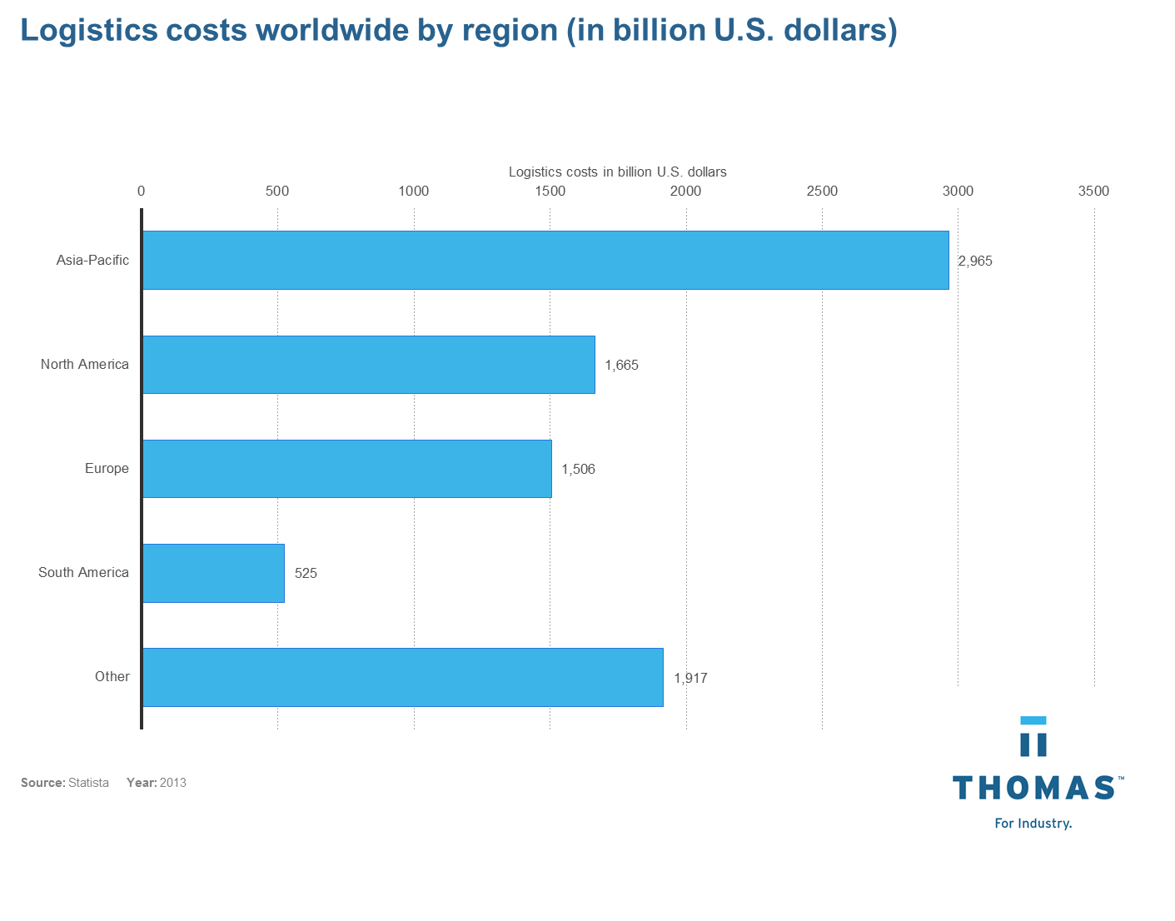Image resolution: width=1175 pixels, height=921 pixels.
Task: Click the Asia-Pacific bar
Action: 545,260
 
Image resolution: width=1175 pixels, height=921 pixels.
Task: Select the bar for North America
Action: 369,365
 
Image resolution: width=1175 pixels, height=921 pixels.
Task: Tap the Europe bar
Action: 347,469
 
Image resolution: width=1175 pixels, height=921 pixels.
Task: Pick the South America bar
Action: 213,573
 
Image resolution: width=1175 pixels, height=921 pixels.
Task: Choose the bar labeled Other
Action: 403,677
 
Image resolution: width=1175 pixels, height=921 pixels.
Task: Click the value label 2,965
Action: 975,261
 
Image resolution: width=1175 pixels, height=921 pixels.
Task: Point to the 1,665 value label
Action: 622,365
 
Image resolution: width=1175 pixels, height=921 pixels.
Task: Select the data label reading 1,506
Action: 579,469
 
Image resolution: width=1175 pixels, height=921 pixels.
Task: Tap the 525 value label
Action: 306,573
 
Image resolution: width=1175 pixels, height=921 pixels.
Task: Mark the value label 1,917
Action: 690,678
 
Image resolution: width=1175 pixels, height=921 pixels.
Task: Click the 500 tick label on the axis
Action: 277,192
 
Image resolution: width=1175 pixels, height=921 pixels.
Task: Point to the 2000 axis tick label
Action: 686,192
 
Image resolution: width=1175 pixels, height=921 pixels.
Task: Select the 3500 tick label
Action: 1093,192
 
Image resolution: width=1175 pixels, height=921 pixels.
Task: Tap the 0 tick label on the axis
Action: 142,192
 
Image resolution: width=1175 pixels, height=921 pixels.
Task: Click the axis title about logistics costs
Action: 618,172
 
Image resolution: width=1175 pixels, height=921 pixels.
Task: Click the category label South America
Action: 84,573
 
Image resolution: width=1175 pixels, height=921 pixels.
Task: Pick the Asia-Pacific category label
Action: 93,260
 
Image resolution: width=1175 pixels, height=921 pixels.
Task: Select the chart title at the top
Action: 459,31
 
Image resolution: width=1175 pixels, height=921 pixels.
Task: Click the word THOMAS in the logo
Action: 1035,788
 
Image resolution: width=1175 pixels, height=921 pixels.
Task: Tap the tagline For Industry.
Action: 1033,824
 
